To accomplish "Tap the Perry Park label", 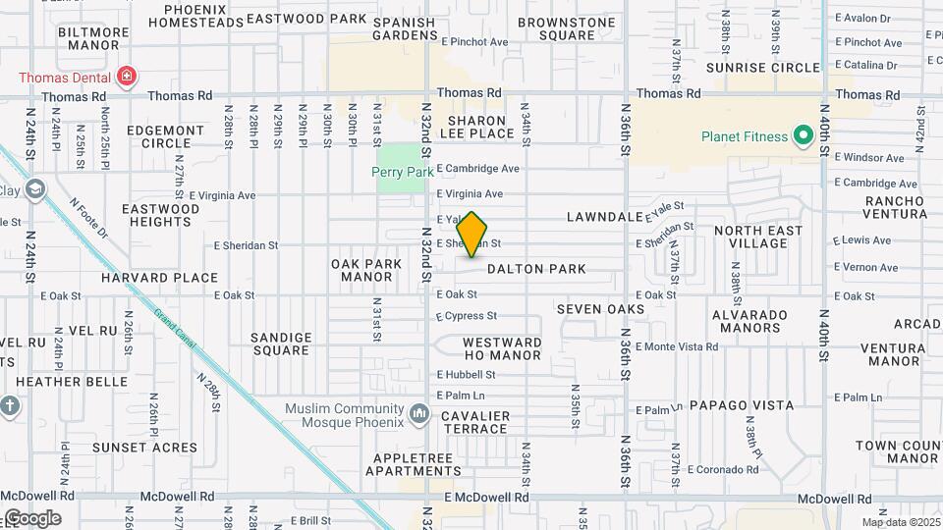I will pos(403,171).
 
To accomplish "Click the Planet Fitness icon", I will pos(803,135).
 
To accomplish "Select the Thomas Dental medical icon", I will pos(125,76).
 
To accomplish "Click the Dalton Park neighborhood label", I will pos(536,269).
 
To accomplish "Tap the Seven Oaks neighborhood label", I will pos(600,309).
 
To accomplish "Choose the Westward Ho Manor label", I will pos(502,348).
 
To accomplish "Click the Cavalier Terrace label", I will pos(475,422).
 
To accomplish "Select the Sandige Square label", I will pos(282,344).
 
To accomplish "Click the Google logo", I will pos(32,518).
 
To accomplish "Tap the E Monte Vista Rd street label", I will pos(677,347).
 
